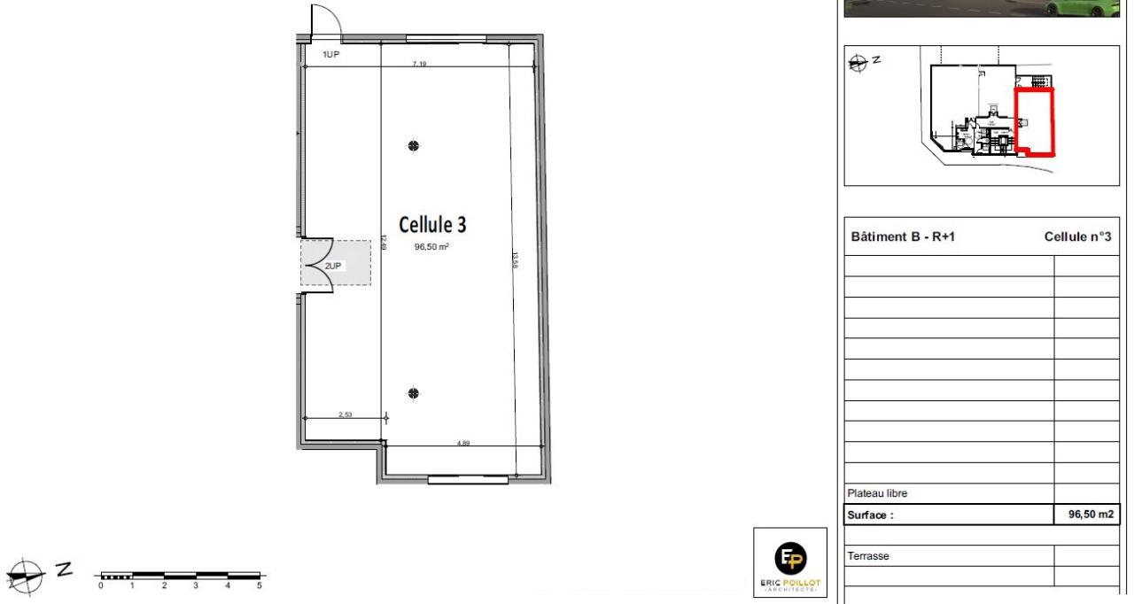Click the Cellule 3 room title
pyautogui.click(x=432, y=225)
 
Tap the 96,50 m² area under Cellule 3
pyautogui.click(x=431, y=247)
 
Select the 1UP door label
pyautogui.click(x=330, y=55)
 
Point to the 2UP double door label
pyautogui.click(x=333, y=265)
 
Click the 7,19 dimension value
pyautogui.click(x=419, y=64)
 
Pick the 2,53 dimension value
pyautogui.click(x=346, y=414)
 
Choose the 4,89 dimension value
pyautogui.click(x=463, y=442)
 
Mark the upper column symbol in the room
pyautogui.click(x=413, y=146)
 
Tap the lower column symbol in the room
pyautogui.click(x=413, y=393)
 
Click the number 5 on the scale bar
pyautogui.click(x=260, y=586)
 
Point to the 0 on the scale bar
pyautogui.click(x=101, y=586)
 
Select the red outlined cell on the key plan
pyautogui.click(x=1034, y=121)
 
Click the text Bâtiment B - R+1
pyautogui.click(x=903, y=236)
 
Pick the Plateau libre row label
pyautogui.click(x=878, y=493)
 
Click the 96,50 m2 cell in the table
pyautogui.click(x=1089, y=515)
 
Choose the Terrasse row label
pyautogui.click(x=868, y=556)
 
